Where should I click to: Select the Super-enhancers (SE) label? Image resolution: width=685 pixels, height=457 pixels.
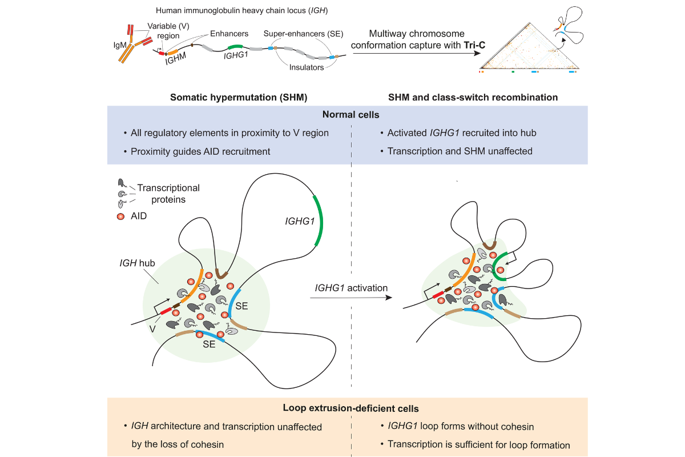click(303, 34)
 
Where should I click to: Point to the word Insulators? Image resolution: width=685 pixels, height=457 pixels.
click(305, 67)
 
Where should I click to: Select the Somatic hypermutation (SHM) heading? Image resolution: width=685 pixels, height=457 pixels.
click(239, 98)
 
